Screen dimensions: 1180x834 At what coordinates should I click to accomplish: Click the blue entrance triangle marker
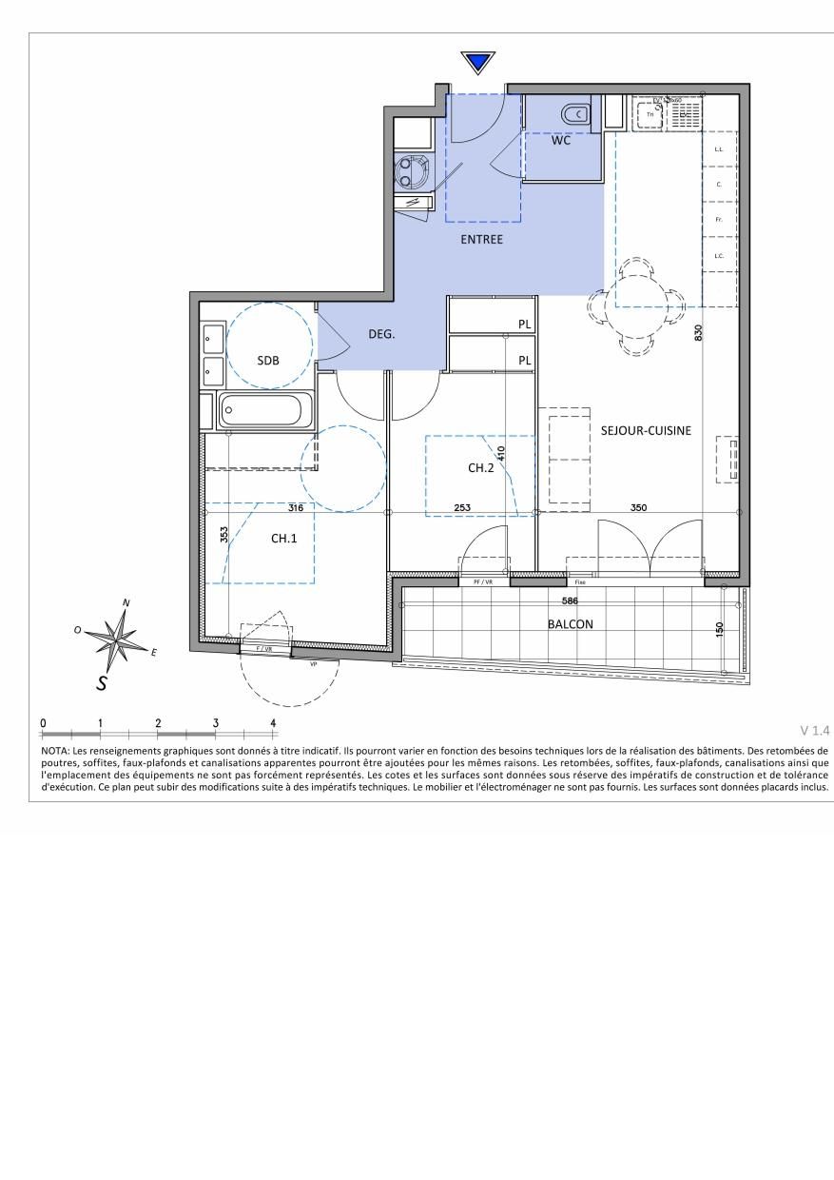pyautogui.click(x=478, y=64)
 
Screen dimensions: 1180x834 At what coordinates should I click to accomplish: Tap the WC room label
pyautogui.click(x=561, y=141)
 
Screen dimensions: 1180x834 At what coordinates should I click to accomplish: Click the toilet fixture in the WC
pyautogui.click(x=575, y=115)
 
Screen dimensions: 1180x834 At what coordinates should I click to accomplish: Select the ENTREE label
pyautogui.click(x=481, y=239)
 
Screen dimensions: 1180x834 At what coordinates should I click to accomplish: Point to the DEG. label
pyautogui.click(x=381, y=334)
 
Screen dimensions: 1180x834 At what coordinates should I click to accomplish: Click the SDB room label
pyautogui.click(x=269, y=360)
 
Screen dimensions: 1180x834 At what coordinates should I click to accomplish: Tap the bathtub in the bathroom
pyautogui.click(x=261, y=412)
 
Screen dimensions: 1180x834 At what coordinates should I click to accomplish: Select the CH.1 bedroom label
pyautogui.click(x=284, y=538)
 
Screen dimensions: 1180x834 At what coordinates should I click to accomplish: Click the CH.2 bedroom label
pyautogui.click(x=480, y=467)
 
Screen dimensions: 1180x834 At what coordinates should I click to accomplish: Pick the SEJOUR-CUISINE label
pyautogui.click(x=646, y=430)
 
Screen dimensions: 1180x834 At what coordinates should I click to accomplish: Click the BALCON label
pyautogui.click(x=570, y=624)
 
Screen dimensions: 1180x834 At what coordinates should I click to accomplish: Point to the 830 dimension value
pyautogui.click(x=699, y=333)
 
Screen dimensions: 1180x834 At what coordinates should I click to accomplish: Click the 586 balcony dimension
pyautogui.click(x=570, y=600)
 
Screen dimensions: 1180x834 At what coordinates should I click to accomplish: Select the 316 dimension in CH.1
pyautogui.click(x=296, y=508)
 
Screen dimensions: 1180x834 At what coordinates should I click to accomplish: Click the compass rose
pyautogui.click(x=118, y=639)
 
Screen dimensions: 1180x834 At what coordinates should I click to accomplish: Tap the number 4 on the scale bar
pyautogui.click(x=274, y=723)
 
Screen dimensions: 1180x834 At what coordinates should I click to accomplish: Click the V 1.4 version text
pyautogui.click(x=815, y=731)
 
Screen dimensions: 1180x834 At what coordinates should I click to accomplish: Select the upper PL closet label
pyautogui.click(x=524, y=324)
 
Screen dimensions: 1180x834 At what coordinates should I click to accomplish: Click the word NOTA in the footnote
pyautogui.click(x=54, y=751)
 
